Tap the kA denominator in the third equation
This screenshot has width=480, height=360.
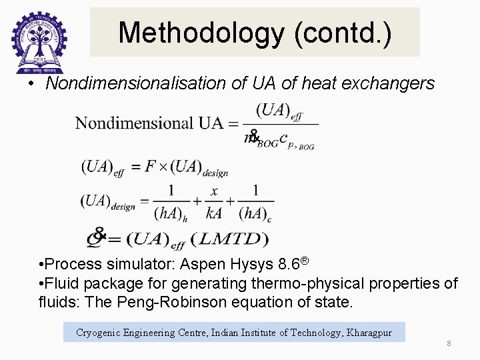[213, 213]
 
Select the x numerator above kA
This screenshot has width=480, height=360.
[214, 191]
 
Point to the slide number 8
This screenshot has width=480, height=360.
[449, 343]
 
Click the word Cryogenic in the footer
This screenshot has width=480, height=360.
[99, 332]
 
